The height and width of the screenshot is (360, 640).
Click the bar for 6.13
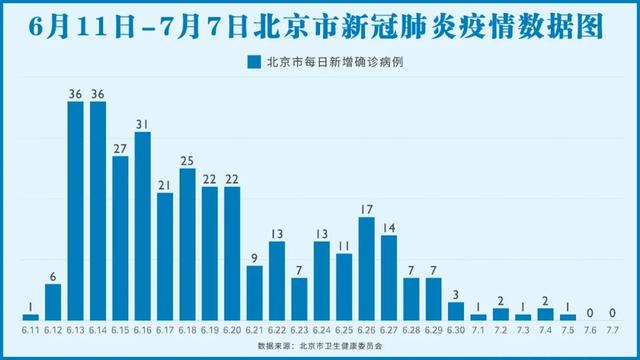click(75, 210)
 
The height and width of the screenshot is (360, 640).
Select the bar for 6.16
click(142, 225)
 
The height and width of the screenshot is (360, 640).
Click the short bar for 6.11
click(30, 316)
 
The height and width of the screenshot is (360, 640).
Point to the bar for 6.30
click(455, 310)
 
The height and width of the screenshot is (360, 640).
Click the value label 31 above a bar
click(142, 124)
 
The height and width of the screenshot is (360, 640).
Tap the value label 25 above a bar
click(187, 160)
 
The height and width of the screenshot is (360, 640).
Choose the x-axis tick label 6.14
click(97, 328)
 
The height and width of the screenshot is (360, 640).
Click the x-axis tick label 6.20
click(232, 328)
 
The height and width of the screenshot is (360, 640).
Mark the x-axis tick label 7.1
click(478, 328)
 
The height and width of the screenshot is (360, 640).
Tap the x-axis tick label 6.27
click(388, 328)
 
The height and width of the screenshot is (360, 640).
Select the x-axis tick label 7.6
click(590, 328)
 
